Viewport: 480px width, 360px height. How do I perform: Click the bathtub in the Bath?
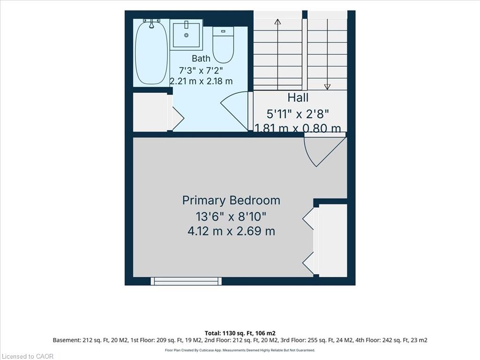click(151, 52)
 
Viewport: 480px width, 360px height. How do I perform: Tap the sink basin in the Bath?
click(186, 35)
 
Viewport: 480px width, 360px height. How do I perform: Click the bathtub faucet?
click(151, 23)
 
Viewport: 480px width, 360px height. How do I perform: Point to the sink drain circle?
click(186, 35)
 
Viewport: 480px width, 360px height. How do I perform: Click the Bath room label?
click(201, 58)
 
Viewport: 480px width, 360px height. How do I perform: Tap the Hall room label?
click(298, 97)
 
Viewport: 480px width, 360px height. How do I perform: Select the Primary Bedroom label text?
click(231, 200)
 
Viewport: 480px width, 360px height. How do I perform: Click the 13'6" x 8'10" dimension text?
click(231, 217)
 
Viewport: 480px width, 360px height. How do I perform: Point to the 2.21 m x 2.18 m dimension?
click(201, 81)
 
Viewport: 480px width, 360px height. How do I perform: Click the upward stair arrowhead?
click(277, 22)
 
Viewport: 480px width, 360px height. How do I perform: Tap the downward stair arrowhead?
click(327, 87)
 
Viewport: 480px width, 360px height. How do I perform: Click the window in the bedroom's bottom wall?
click(186, 281)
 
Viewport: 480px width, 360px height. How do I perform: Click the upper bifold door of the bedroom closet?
click(310, 218)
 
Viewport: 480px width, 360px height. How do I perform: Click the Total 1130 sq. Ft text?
click(240, 333)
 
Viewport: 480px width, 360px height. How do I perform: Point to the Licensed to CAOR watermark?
click(27, 356)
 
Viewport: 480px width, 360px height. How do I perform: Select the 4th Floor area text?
click(391, 340)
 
